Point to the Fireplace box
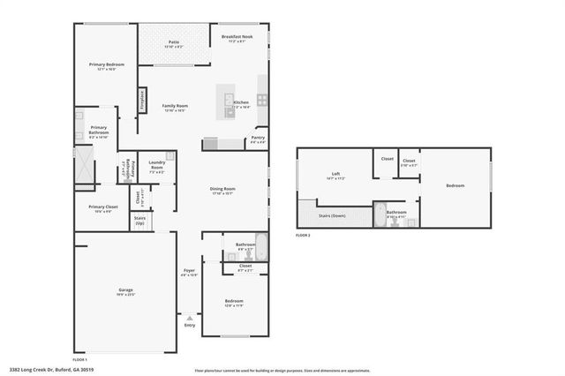click(141, 100)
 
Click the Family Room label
click(175, 106)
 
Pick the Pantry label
click(258, 138)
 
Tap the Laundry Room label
click(157, 165)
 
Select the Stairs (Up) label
click(139, 219)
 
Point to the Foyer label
click(189, 270)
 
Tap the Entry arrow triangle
click(189, 317)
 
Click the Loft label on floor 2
click(335, 173)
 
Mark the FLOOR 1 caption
click(80, 359)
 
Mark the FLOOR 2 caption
click(304, 237)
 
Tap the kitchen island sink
click(230, 99)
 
